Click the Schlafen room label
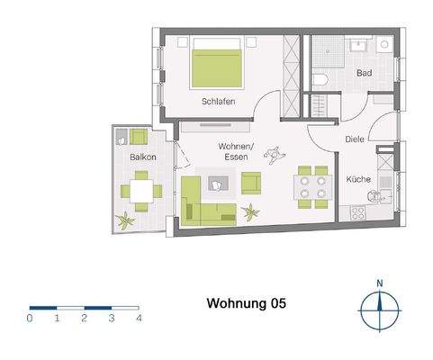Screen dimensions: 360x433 219,102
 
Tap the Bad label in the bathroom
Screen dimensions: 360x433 364,73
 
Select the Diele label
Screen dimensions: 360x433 356,139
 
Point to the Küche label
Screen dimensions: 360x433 358,179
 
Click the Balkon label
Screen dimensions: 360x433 142,157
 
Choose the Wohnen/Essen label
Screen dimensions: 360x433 236,151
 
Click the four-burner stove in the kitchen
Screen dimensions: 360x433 356,214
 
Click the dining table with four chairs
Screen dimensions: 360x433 311,186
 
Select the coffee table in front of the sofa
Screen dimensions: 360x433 219,184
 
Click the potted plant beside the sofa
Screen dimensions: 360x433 251,213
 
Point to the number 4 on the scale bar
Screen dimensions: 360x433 139,318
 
